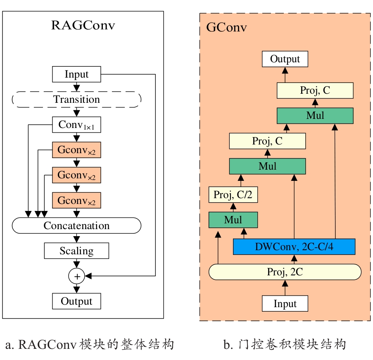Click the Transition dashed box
(76, 99)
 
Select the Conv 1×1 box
(76, 125)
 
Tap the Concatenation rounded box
(76, 225)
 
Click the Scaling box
(76, 251)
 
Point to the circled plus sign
(76, 275)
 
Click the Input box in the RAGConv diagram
(76, 74)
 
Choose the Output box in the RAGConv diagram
(76, 301)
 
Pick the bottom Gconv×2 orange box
(76, 201)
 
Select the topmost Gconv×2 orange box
(76, 150)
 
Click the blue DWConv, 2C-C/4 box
(294, 247)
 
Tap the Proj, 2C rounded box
(285, 272)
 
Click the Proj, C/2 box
(233, 195)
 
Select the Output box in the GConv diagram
(285, 59)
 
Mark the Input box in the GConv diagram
(285, 304)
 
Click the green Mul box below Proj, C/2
(233, 220)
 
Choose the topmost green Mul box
(315, 116)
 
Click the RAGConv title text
(83, 26)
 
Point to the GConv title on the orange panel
(226, 28)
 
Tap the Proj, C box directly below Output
(315, 90)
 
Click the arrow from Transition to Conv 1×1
(76, 112)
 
